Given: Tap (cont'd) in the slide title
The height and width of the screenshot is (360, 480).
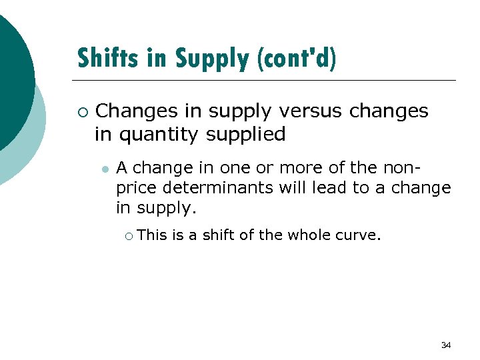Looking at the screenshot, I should click(x=296, y=59).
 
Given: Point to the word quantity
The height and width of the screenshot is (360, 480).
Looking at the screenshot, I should click(x=159, y=134).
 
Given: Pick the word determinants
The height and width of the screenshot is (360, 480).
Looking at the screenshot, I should click(x=219, y=188).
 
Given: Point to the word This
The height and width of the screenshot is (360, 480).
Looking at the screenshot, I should click(x=153, y=234).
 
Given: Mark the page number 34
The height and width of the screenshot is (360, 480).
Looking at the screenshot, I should click(x=446, y=345).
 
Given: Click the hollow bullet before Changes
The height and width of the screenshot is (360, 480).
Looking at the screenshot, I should click(x=83, y=111).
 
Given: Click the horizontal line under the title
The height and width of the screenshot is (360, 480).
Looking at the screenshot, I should click(x=267, y=80).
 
